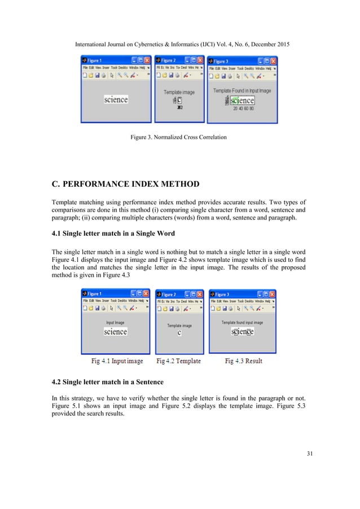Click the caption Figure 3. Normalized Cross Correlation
click(179, 137)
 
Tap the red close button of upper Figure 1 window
click(147, 60)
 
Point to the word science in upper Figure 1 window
click(116, 99)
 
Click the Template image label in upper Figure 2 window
click(179, 92)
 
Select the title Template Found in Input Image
click(242, 90)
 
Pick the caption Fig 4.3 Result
click(243, 361)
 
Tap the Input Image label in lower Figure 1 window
click(115, 323)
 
